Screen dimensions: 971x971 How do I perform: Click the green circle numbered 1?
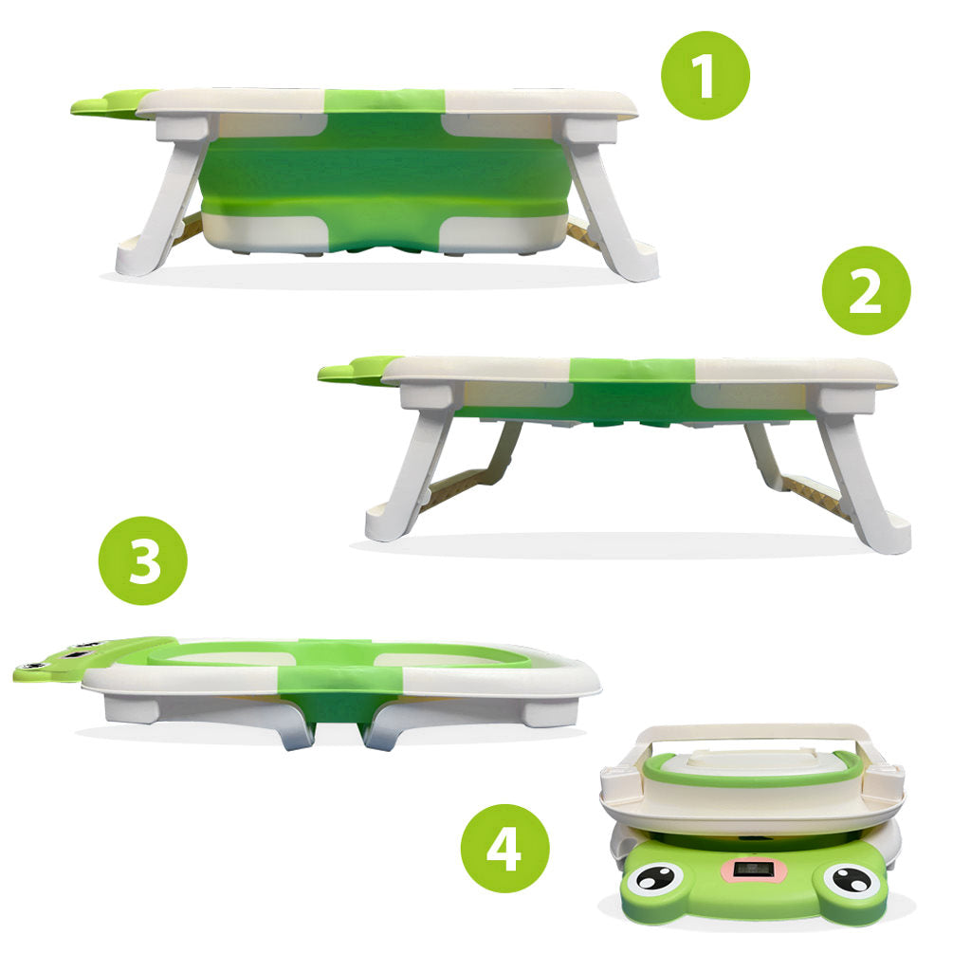(x=705, y=75)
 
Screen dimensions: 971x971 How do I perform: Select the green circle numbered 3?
(x=143, y=560)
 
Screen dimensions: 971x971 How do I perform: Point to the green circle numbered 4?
(x=504, y=848)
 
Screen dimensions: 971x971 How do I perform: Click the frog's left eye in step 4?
(x=654, y=878)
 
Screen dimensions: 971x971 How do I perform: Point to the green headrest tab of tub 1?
(x=102, y=102)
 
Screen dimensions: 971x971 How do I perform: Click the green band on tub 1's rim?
(x=384, y=102)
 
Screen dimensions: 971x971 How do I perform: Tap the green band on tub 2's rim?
(x=631, y=372)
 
